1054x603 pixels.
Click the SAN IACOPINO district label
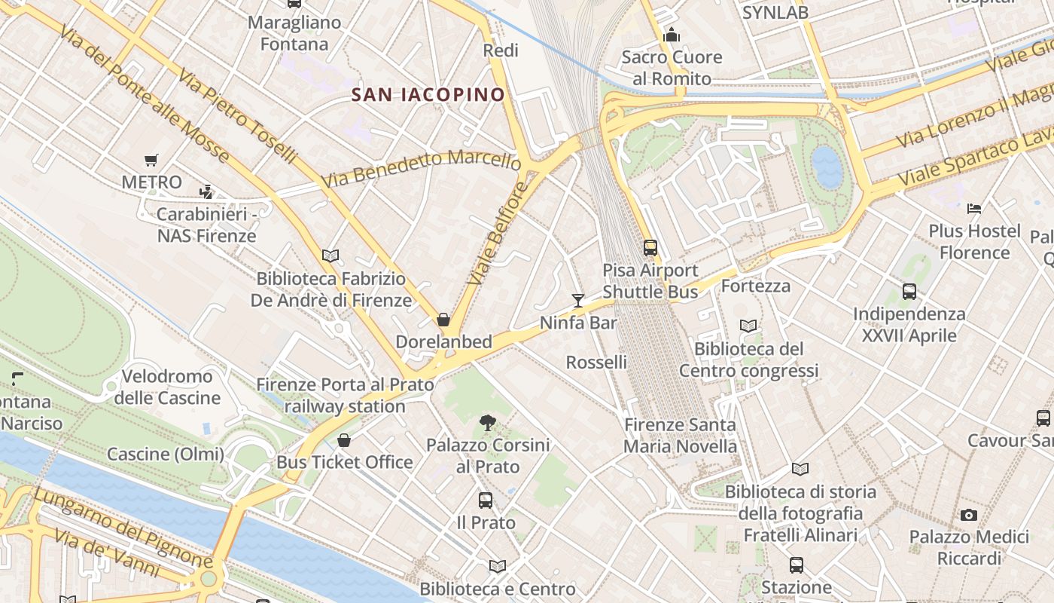[x=428, y=94]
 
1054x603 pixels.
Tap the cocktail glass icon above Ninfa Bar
[x=577, y=301]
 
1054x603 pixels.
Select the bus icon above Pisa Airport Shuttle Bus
[x=650, y=247]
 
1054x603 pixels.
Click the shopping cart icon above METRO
[x=151, y=160]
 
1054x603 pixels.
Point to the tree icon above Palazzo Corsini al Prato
[x=488, y=423]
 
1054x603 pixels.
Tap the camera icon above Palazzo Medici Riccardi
[x=969, y=515]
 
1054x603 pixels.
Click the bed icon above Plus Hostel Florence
[x=974, y=208]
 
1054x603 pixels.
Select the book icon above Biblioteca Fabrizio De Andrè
[x=331, y=256]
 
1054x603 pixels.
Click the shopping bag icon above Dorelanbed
[x=443, y=320]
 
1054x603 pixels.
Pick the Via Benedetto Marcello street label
[x=421, y=170]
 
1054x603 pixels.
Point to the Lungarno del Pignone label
[x=123, y=528]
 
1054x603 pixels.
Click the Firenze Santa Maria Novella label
[x=680, y=435]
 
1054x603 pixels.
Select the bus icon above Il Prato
[x=486, y=500]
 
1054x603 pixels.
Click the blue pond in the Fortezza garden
[x=827, y=167]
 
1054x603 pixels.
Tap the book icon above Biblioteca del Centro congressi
[x=748, y=326]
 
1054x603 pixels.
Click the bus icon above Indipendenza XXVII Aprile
[x=909, y=291]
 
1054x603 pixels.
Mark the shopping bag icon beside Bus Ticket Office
[x=344, y=440]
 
